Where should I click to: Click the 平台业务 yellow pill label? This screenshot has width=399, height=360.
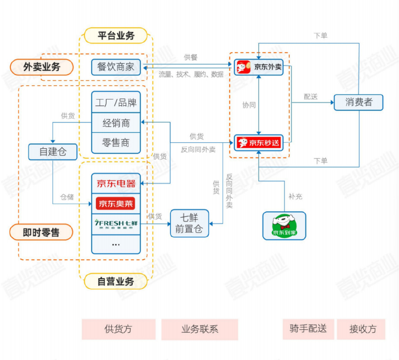[x=116, y=35]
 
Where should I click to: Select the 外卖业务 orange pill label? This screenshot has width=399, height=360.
[x=42, y=67]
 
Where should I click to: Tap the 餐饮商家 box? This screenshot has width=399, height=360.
[x=116, y=67]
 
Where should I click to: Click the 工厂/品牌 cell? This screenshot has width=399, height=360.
[x=116, y=102]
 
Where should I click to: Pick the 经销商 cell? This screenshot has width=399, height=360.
[x=116, y=123]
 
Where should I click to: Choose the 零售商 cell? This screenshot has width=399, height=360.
[x=116, y=143]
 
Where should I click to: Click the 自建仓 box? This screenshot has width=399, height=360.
[x=53, y=152]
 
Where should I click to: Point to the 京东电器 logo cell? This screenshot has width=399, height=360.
[x=116, y=183]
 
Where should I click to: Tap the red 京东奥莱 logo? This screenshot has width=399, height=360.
[x=115, y=204]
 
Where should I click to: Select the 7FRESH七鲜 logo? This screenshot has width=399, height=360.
[x=116, y=224]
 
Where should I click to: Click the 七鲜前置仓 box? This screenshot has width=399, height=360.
[x=189, y=223]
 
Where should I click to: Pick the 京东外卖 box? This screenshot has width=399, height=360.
[x=259, y=67]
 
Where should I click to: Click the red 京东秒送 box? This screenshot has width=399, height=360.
[x=259, y=142]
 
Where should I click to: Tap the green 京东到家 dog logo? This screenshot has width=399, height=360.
[x=284, y=225]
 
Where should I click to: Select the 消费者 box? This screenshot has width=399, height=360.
[x=358, y=102]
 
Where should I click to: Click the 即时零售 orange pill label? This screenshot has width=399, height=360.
[x=41, y=232]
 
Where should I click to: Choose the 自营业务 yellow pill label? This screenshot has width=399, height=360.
[x=116, y=281]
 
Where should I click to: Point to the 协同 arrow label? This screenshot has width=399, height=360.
[x=249, y=105]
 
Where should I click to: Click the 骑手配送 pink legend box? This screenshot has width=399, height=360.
[x=308, y=329]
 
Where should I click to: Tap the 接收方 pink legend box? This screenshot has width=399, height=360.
[x=361, y=329]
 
